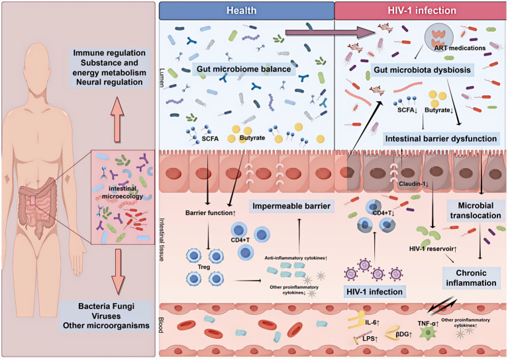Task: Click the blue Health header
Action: coord(246,11)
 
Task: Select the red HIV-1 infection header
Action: coord(421,11)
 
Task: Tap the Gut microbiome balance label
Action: coord(244,69)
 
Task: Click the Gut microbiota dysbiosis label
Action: coord(422,70)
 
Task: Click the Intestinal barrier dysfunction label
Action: coord(441,138)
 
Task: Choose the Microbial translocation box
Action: coord(476,210)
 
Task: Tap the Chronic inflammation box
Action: coord(471,278)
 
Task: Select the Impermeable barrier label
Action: coord(291,206)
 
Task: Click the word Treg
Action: coord(204,267)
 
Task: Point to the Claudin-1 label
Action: coord(414,184)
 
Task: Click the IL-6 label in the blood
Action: coord(372,322)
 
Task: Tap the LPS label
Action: coord(370,339)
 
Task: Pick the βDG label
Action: coord(403,334)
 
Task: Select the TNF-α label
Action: coord(428,323)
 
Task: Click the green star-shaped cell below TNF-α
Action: coord(428,333)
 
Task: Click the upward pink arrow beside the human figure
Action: coord(117,119)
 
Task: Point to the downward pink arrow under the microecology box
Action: coord(118,271)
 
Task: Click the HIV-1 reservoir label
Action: coord(433,249)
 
